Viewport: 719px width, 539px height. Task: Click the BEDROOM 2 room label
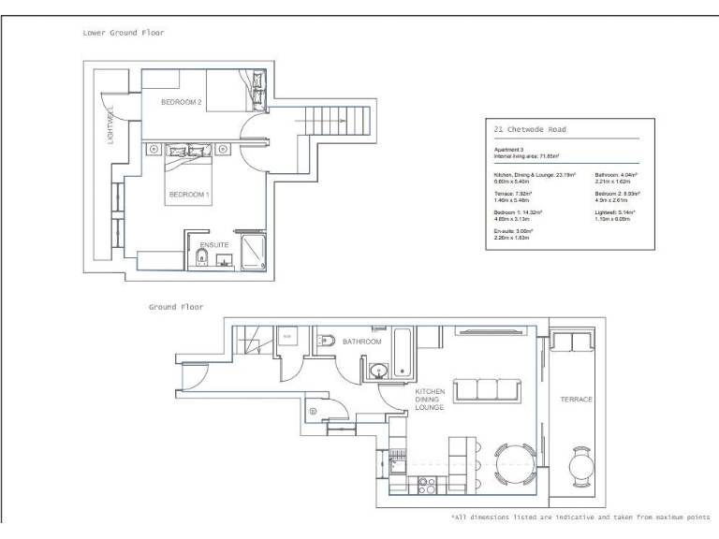pyautogui.click(x=182, y=101)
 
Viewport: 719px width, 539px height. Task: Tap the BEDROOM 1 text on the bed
pyautogui.click(x=190, y=195)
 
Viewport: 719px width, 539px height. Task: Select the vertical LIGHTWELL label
pyautogui.click(x=110, y=126)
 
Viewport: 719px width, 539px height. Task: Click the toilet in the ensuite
pyautogui.click(x=200, y=259)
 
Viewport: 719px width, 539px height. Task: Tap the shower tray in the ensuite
pyautogui.click(x=253, y=251)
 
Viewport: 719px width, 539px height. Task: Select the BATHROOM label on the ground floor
pyautogui.click(x=362, y=342)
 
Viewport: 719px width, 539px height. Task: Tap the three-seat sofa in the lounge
pyautogui.click(x=487, y=390)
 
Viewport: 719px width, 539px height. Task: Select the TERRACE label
pyautogui.click(x=577, y=400)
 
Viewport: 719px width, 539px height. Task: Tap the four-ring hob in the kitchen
pyautogui.click(x=428, y=486)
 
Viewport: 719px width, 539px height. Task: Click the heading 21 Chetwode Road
pyautogui.click(x=529, y=130)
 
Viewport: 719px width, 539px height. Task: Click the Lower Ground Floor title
pyautogui.click(x=124, y=32)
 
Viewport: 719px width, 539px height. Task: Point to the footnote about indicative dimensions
pyautogui.click(x=580, y=516)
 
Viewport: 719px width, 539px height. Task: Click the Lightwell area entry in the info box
pyautogui.click(x=615, y=216)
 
